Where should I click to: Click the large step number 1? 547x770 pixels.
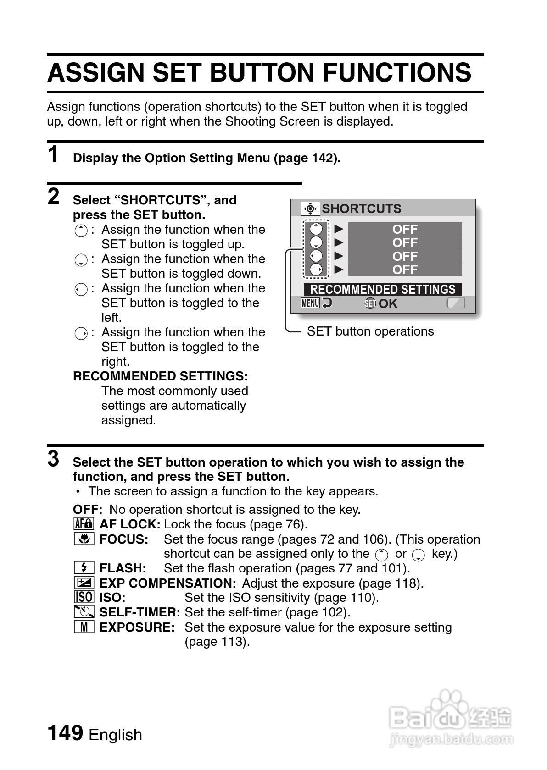[54, 154]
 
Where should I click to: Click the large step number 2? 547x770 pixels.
[54, 197]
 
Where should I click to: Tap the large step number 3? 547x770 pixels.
[54, 459]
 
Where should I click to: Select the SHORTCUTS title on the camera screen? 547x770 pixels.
[361, 209]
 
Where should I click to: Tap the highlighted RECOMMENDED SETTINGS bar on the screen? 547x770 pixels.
[383, 290]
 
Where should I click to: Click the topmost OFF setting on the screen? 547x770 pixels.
[405, 229]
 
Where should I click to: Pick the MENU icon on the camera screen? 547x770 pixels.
[310, 303]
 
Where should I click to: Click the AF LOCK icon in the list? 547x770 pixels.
[84, 524]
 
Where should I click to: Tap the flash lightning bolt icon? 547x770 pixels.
[84, 568]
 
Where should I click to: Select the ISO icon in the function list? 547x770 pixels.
[84, 597]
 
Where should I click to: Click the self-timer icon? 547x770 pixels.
[84, 612]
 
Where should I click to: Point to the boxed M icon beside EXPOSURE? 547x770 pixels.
[84, 627]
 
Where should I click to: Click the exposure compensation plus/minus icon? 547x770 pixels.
[84, 583]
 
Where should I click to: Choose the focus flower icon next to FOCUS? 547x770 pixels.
[84, 539]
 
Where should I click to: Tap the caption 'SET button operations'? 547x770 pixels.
[370, 331]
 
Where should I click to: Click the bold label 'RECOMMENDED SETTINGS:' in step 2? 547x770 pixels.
[160, 376]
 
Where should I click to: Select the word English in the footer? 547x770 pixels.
[115, 735]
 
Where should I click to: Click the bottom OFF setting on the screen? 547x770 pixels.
[405, 269]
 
